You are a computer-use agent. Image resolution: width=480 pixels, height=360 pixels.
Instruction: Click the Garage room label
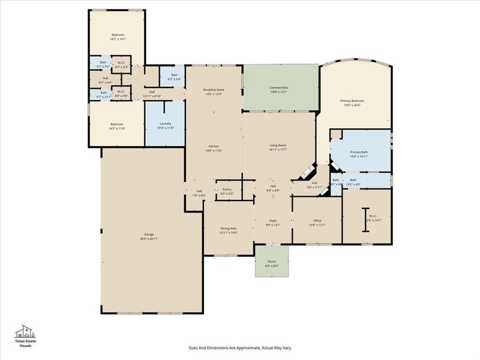pyautogui.click(x=149, y=236)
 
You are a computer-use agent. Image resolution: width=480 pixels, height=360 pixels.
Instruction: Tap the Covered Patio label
pyautogui.click(x=280, y=89)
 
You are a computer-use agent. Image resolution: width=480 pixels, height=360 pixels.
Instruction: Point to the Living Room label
pyautogui.click(x=278, y=148)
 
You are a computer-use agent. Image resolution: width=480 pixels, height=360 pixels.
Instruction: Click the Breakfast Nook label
pyautogui.click(x=214, y=92)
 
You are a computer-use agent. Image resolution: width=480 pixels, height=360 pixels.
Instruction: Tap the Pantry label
pyautogui.click(x=227, y=191)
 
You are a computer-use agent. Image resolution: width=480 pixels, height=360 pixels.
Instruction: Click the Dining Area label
pyautogui.click(x=229, y=230)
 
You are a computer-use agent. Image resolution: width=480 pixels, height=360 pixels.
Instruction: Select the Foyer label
pyautogui.click(x=272, y=223)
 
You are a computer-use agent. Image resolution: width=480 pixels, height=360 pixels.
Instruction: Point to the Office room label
pyautogui.click(x=317, y=223)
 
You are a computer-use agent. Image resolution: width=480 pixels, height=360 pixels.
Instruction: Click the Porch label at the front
pyautogui.click(x=272, y=263)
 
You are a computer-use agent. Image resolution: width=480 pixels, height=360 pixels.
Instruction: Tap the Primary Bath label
pyautogui.click(x=359, y=155)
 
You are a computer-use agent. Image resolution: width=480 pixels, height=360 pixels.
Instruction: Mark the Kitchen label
pyautogui.click(x=214, y=149)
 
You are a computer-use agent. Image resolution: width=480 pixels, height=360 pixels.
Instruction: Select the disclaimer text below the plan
pyautogui.click(x=240, y=347)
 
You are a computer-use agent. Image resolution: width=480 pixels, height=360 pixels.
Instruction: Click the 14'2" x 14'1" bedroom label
pyautogui.click(x=117, y=37)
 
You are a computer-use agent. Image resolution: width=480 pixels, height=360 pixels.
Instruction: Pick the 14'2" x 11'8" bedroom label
pyautogui.click(x=117, y=126)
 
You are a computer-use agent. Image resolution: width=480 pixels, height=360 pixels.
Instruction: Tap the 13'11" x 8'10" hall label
pyautogui.click(x=152, y=94)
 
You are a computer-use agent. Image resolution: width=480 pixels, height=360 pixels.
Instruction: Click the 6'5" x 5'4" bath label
pyautogui.click(x=174, y=77)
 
